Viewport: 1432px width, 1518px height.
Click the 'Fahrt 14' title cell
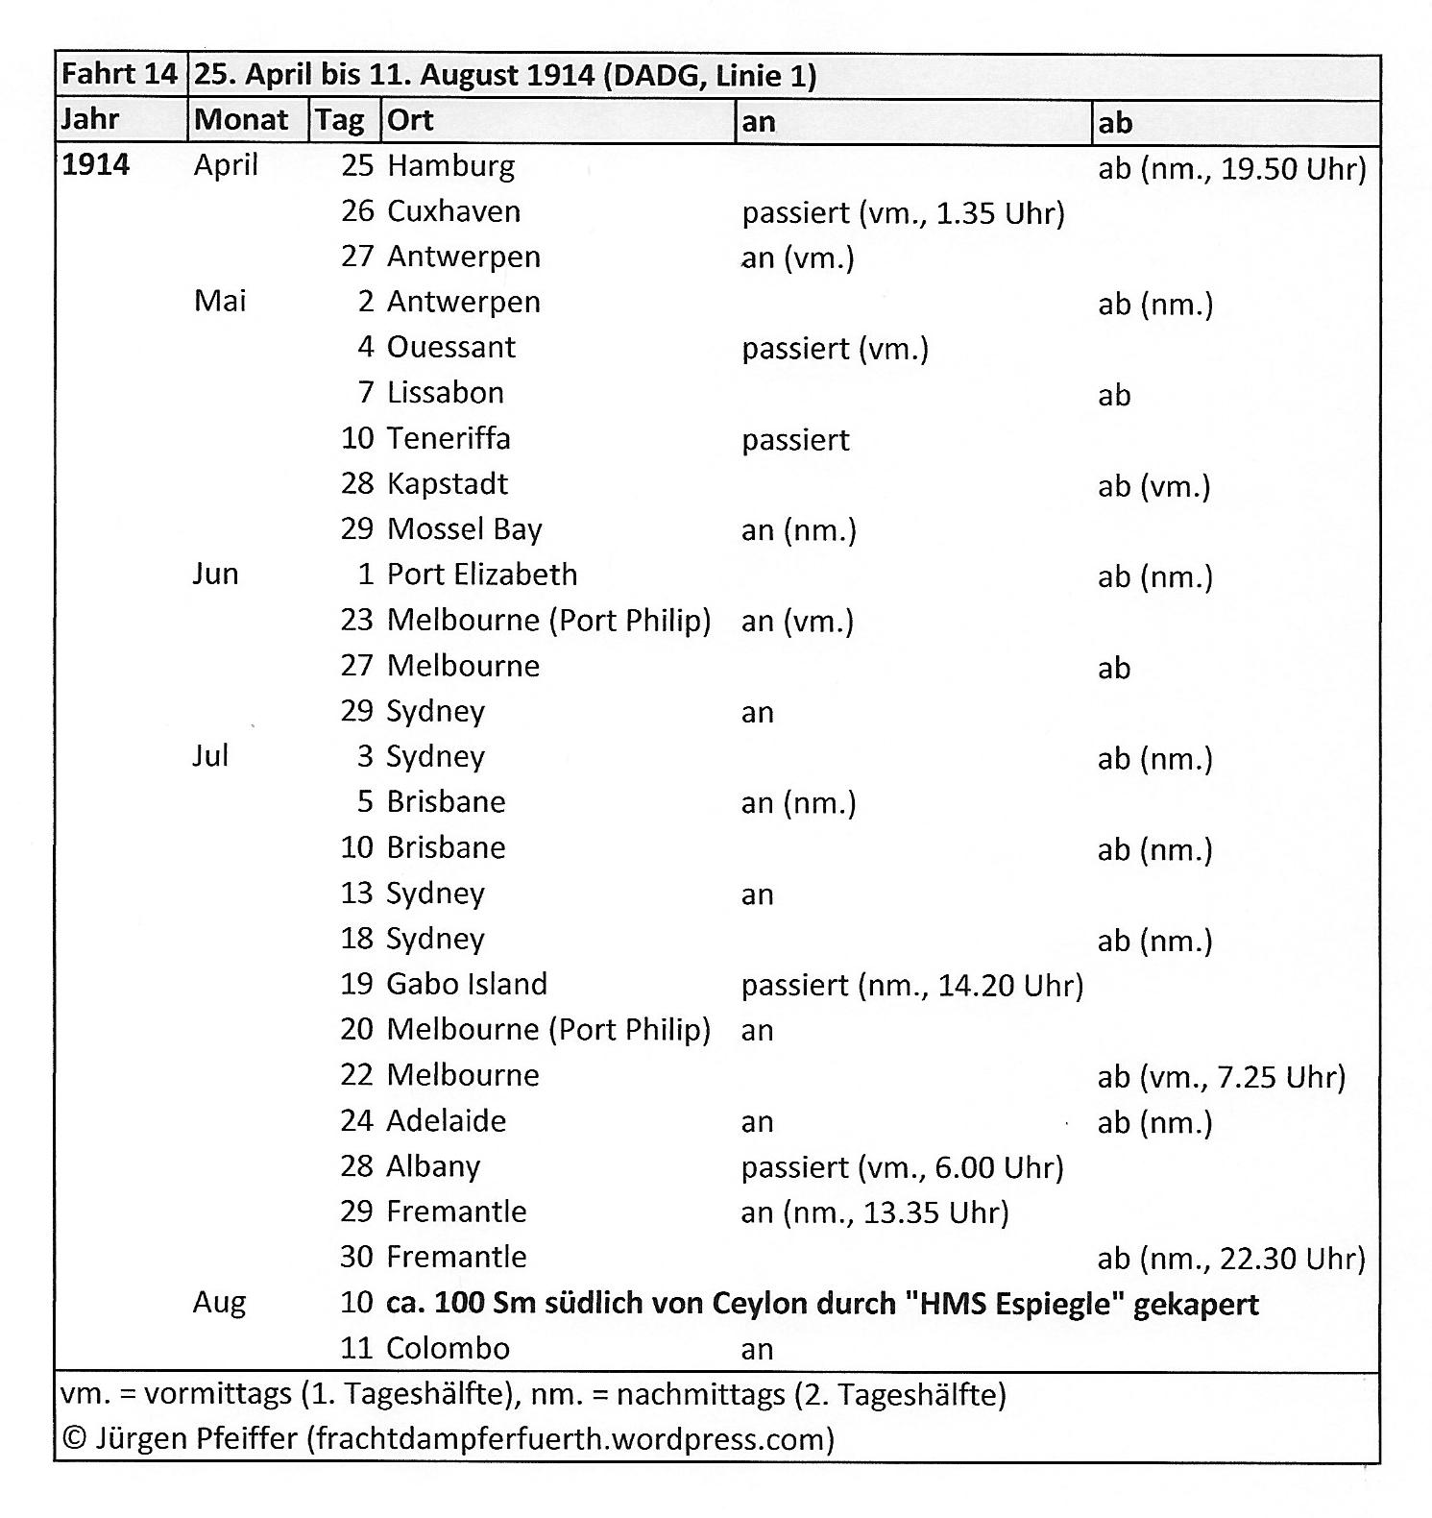119,74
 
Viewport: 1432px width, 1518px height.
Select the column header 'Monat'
241,120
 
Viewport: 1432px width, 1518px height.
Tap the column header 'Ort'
410,120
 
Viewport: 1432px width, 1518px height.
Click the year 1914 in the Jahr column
95,165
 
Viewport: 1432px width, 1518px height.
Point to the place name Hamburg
450,166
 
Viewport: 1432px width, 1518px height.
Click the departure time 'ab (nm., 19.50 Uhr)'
1231,169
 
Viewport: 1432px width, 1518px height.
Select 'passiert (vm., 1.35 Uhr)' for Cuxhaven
903,212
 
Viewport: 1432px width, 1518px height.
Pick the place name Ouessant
450,347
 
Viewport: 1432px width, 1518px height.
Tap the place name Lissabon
445,393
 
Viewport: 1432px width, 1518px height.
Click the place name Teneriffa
449,438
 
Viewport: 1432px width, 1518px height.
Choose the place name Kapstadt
447,483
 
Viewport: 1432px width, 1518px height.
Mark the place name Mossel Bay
464,529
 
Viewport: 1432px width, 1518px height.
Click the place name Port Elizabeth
482,575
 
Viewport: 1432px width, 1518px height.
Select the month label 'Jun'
215,574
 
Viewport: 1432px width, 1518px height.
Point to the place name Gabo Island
467,984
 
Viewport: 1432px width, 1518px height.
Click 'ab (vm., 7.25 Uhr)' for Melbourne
1221,1077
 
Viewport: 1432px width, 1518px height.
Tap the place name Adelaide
446,1120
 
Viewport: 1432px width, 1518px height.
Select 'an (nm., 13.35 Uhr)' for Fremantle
875,1212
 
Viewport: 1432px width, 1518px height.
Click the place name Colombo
448,1348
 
